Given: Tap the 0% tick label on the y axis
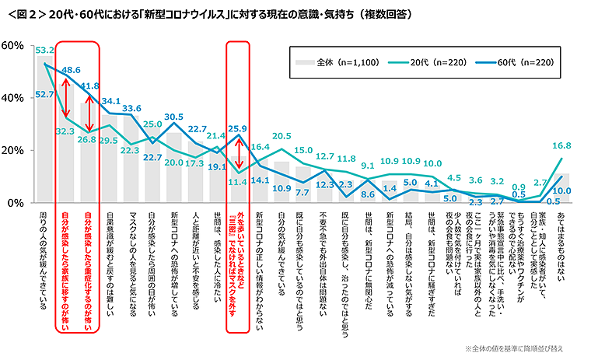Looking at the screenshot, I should (16, 203).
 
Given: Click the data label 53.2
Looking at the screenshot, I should (45, 50).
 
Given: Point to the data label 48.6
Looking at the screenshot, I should (71, 70).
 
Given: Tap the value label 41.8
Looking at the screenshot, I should (89, 86).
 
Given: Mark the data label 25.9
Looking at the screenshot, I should (239, 129).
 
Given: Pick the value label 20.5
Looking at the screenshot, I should (282, 136).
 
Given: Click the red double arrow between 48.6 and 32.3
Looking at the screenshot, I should (67, 100).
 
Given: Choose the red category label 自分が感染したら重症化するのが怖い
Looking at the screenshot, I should (89, 272).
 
